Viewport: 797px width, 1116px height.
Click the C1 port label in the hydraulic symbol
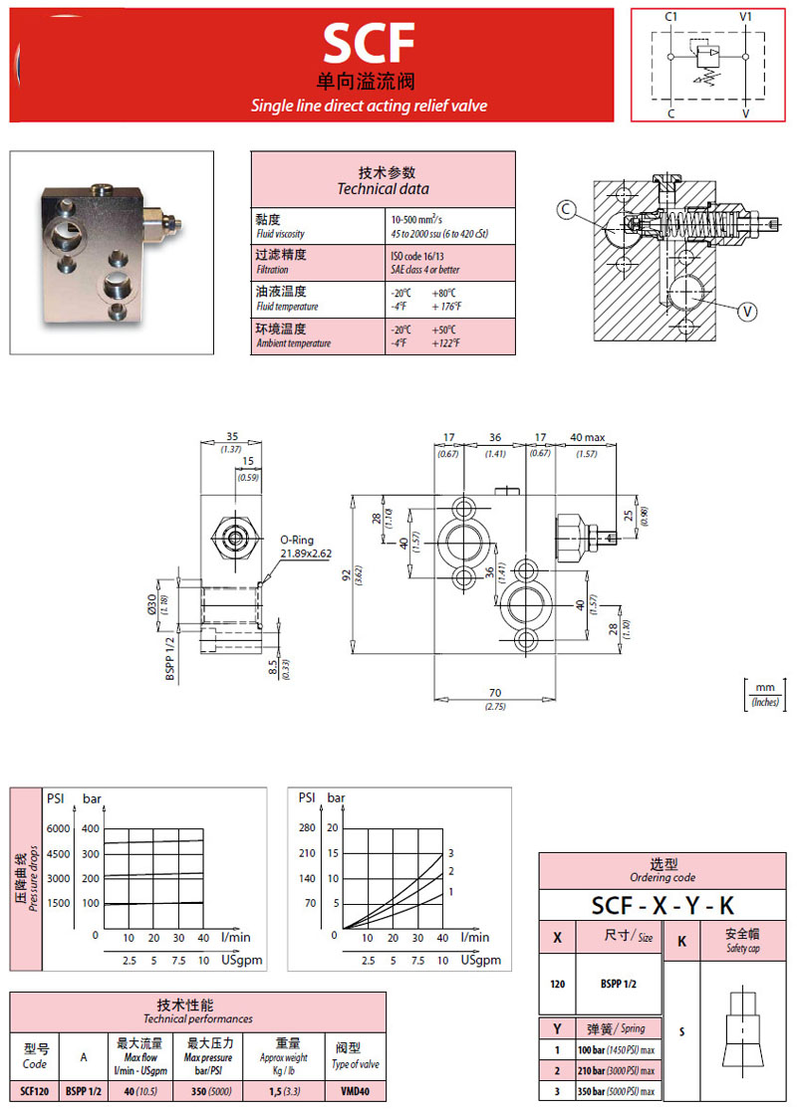point(671,17)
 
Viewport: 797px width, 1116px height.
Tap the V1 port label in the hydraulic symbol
point(746,17)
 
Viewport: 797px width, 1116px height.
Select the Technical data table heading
point(383,180)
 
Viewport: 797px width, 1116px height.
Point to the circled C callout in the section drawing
point(566,209)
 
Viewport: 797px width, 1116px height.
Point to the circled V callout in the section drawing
point(747,312)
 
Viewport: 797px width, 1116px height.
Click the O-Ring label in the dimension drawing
point(296,540)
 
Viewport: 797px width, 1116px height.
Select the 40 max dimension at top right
point(587,437)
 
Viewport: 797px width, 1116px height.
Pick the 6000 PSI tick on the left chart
point(59,829)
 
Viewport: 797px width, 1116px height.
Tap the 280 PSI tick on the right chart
point(306,828)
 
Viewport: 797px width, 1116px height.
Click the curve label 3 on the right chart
point(450,853)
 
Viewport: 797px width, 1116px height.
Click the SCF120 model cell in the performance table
point(35,1090)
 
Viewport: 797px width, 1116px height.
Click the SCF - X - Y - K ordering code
point(662,905)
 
